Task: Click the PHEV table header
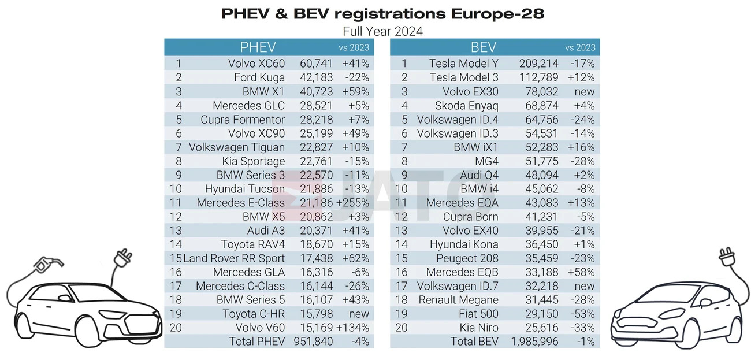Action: tap(258, 47)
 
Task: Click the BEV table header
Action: tap(484, 47)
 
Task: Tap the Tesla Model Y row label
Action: tap(463, 64)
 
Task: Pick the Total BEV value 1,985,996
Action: tap(534, 341)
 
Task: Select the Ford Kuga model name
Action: tap(259, 77)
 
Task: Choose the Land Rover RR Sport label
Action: tap(234, 258)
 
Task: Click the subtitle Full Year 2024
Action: tap(382, 31)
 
